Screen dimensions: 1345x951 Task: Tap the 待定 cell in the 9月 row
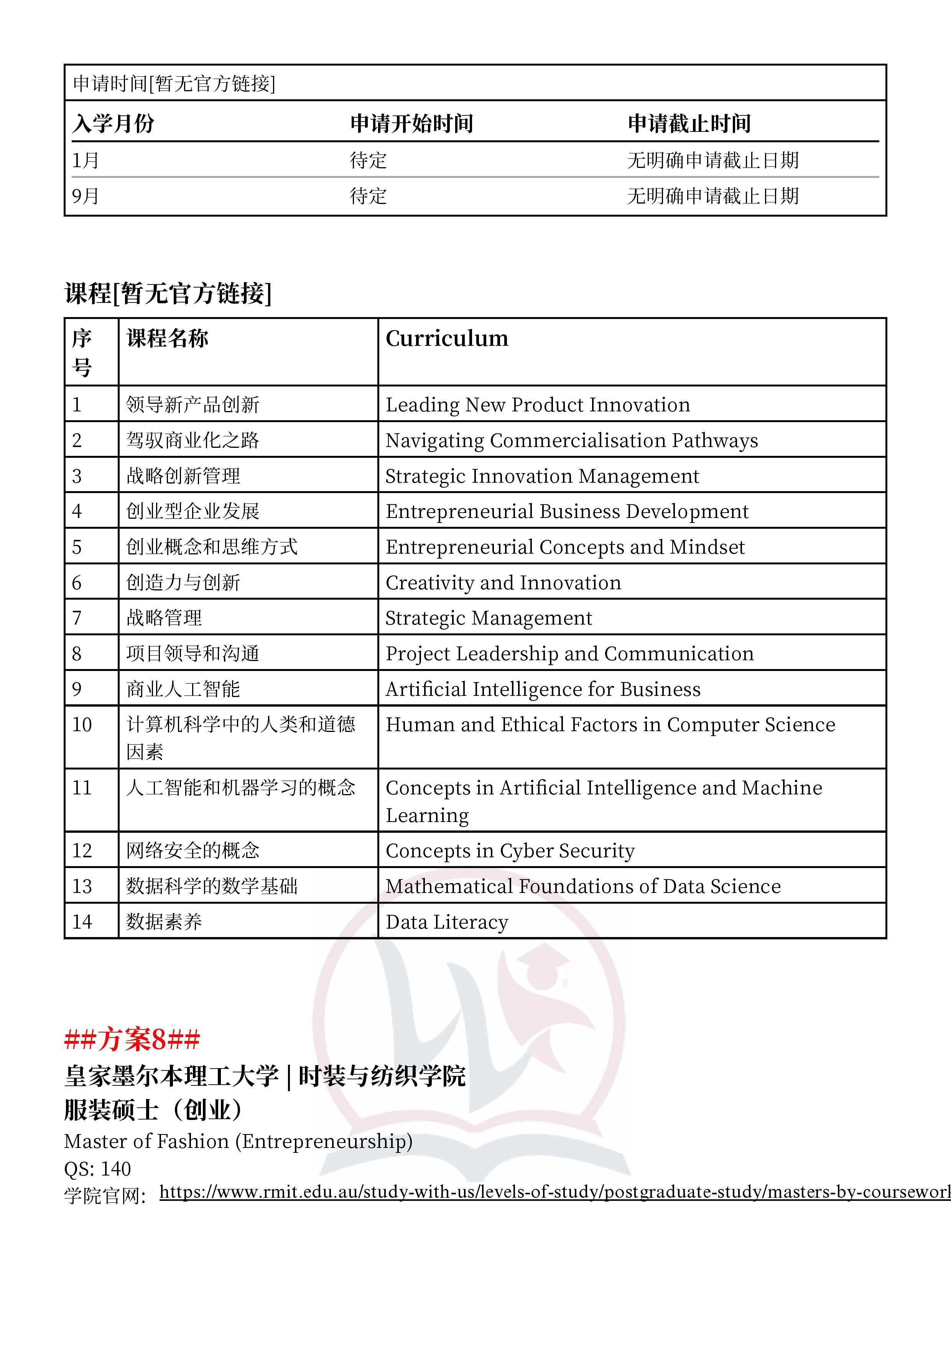[x=368, y=196]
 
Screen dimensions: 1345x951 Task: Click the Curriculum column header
[x=446, y=339]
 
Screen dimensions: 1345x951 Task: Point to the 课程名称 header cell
[x=168, y=339]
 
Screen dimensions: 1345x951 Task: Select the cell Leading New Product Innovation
[x=537, y=405]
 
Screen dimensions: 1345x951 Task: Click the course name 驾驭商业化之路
[x=193, y=440]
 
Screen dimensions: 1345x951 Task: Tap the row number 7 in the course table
[x=77, y=618]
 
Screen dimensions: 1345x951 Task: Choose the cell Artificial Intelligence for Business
[x=543, y=689]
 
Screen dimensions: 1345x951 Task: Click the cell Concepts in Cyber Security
[x=510, y=850]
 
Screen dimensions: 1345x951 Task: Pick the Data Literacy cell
[x=446, y=922]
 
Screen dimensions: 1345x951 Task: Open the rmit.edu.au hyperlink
[x=554, y=1192]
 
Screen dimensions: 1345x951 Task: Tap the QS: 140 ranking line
[x=97, y=1169]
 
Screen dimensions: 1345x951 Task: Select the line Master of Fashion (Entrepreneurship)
[x=238, y=1141]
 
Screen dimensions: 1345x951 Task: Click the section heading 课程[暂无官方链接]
[x=168, y=293]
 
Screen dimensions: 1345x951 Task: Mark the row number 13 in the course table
[x=82, y=886]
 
